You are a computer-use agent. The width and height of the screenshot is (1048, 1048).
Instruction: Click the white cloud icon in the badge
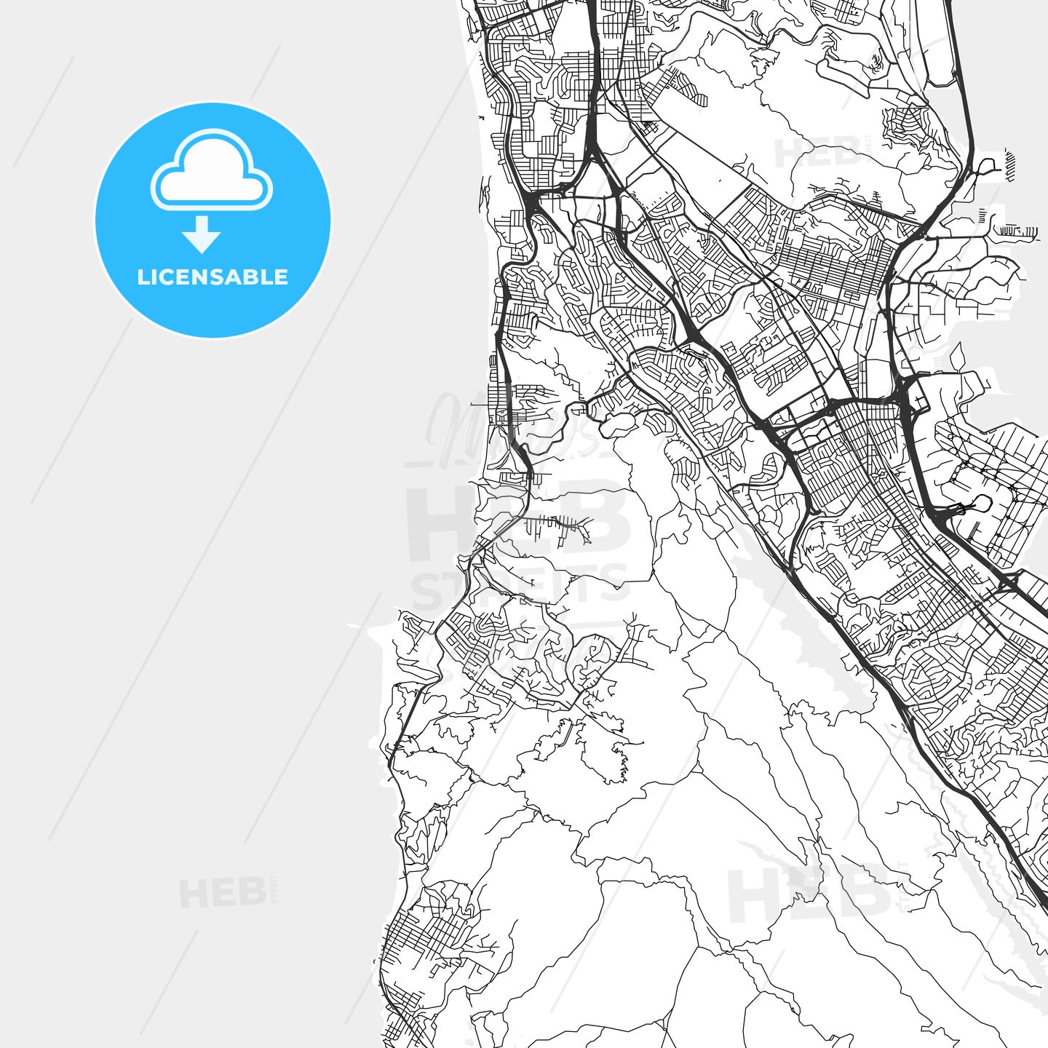[211, 171]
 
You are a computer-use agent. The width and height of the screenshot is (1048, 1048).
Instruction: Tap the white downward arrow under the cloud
[202, 235]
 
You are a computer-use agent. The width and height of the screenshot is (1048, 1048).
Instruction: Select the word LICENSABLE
[213, 277]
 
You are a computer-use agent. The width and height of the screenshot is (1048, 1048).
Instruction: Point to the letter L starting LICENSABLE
[143, 277]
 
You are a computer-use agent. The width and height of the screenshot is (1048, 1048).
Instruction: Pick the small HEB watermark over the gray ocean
[223, 894]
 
